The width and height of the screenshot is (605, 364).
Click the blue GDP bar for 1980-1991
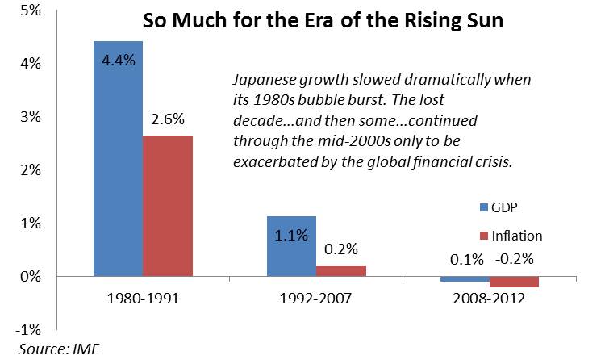[118, 161]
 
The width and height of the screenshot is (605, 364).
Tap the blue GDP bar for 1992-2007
[292, 246]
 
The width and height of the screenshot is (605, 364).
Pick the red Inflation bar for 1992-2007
[340, 270]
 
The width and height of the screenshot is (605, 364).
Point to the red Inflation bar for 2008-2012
[514, 282]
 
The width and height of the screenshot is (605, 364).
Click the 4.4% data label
[118, 60]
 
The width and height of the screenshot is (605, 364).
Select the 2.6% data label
[168, 120]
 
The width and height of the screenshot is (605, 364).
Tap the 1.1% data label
[292, 236]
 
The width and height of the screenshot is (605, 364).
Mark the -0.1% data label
[465, 260]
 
